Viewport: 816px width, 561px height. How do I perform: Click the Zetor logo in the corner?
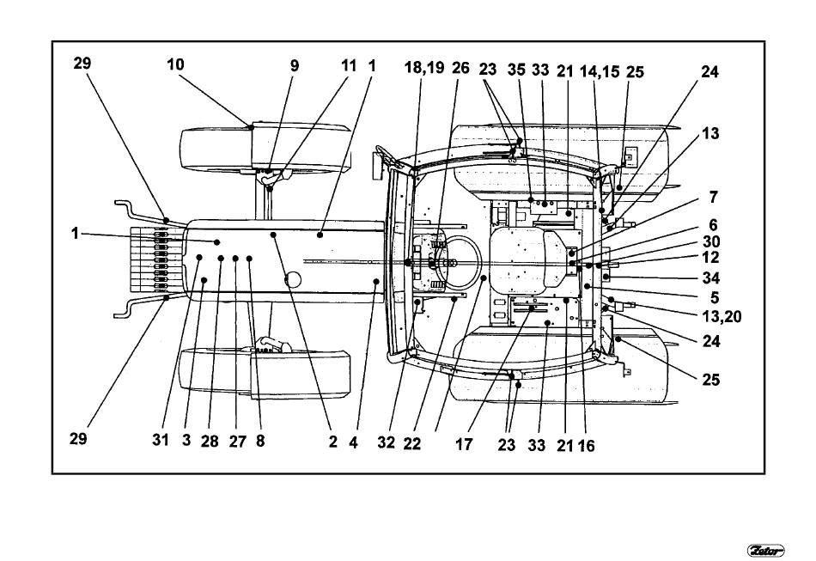click(x=765, y=550)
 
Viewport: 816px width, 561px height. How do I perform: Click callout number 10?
click(x=175, y=64)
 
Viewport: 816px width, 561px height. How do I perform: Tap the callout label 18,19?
click(x=424, y=67)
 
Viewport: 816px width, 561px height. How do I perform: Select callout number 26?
click(x=460, y=68)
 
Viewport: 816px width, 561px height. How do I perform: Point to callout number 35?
click(x=516, y=70)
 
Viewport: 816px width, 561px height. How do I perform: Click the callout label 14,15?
click(x=600, y=71)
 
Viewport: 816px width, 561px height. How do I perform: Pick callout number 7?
click(x=713, y=198)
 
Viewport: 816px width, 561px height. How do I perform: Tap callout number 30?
click(x=711, y=241)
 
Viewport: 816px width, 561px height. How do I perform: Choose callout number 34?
click(x=711, y=277)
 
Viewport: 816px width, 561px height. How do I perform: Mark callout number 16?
click(x=586, y=446)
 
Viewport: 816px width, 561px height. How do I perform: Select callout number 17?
click(x=464, y=444)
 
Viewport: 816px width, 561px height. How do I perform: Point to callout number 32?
click(x=387, y=442)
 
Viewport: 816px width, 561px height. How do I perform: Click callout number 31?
click(x=161, y=440)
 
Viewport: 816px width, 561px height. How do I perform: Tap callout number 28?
click(x=210, y=442)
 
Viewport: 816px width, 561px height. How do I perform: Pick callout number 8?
click(x=260, y=441)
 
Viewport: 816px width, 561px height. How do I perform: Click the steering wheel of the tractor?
click(x=456, y=262)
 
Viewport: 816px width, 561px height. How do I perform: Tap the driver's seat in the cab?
click(x=526, y=260)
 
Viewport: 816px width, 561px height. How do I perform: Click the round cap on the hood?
click(x=293, y=279)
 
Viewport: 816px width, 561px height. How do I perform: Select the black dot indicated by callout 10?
click(x=251, y=127)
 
